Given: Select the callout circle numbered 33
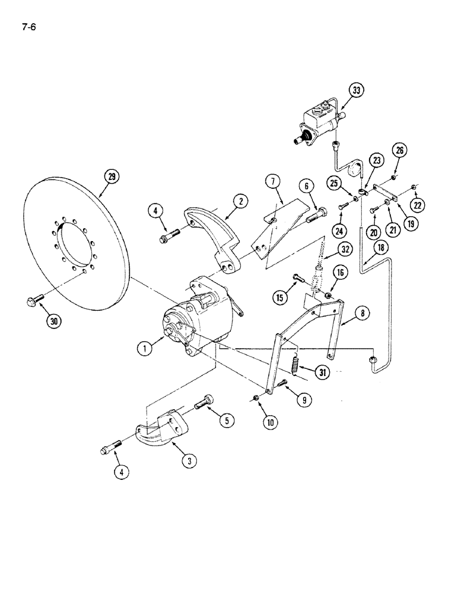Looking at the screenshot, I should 356,91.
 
